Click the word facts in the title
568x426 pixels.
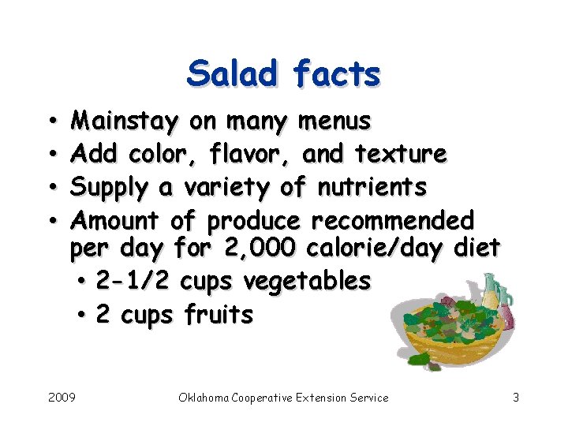[337, 74]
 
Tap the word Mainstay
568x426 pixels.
[125, 121]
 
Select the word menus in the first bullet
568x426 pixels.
[334, 121]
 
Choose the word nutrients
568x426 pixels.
[372, 187]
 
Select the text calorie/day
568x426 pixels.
[376, 248]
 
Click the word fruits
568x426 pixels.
[219, 315]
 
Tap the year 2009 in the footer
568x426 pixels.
[62, 398]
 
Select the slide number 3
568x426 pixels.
[515, 398]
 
